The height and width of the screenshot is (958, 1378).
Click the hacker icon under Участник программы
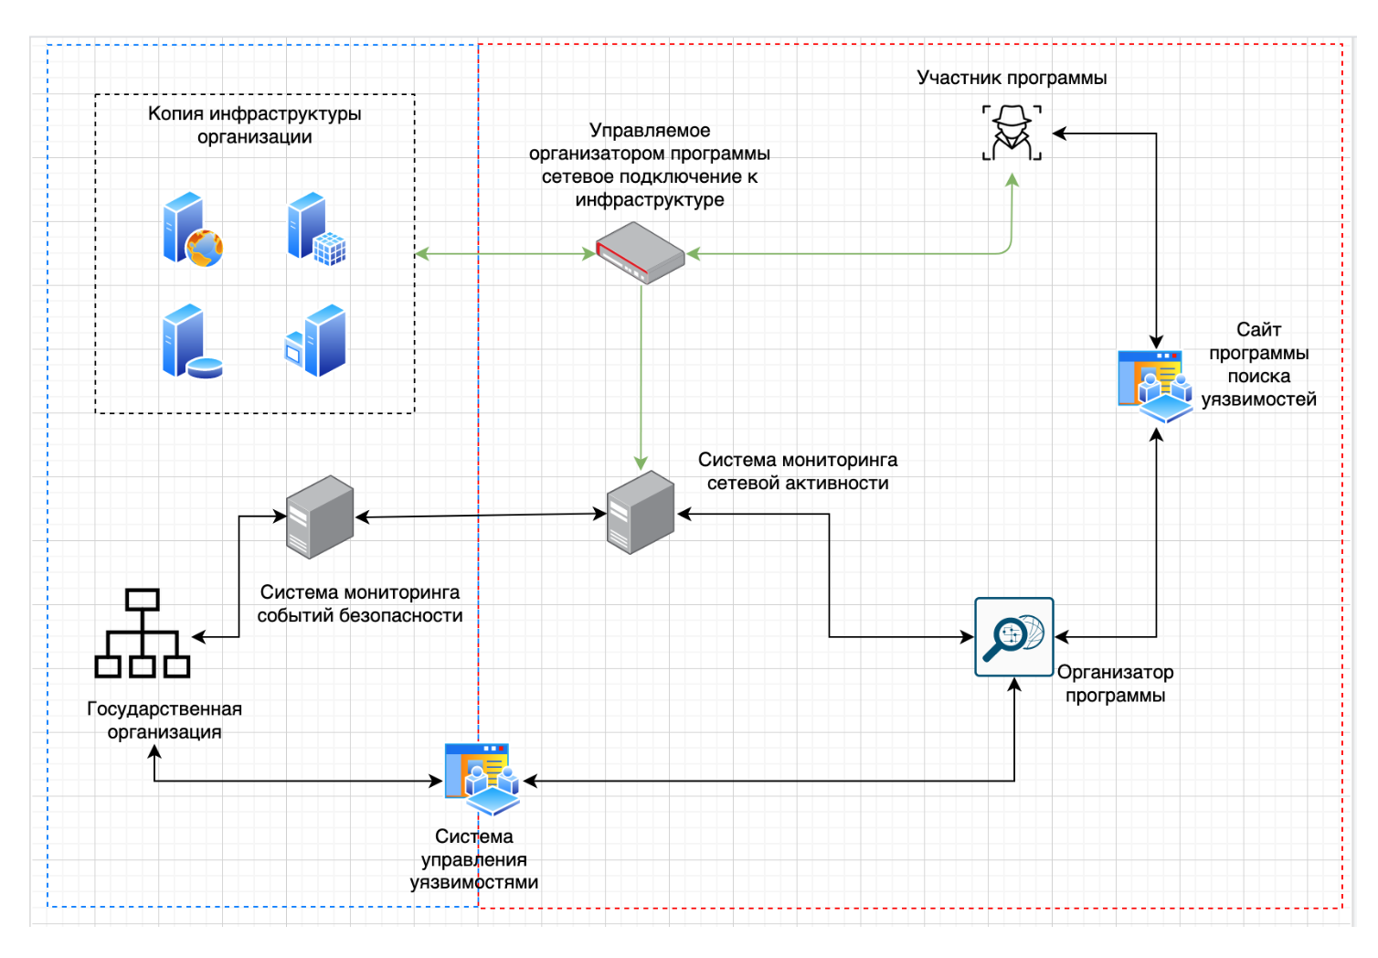[x=1012, y=133]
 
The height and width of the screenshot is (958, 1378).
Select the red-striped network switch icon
[x=641, y=252]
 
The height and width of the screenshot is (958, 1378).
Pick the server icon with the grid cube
[x=316, y=229]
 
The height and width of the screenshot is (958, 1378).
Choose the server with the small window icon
[x=316, y=341]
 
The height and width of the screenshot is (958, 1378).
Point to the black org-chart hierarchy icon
[x=143, y=633]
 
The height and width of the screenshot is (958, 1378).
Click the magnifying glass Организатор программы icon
[x=1013, y=637]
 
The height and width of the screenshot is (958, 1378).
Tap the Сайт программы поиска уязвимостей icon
[x=1155, y=385]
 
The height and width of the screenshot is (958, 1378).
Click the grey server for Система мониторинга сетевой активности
[x=641, y=512]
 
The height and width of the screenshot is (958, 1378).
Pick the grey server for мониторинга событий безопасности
[x=320, y=516]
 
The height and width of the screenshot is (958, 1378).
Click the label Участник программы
[x=1012, y=78]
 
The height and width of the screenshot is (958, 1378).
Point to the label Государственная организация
[x=164, y=720]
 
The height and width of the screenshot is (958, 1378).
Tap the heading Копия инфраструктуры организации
[x=255, y=125]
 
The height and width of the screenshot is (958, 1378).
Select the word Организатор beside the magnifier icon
[x=1115, y=672]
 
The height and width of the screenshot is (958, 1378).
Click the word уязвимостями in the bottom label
[x=473, y=882]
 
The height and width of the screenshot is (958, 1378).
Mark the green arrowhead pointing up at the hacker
[x=1012, y=180]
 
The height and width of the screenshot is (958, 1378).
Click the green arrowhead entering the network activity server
[x=641, y=463]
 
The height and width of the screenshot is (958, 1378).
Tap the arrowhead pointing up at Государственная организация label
[x=154, y=752]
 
